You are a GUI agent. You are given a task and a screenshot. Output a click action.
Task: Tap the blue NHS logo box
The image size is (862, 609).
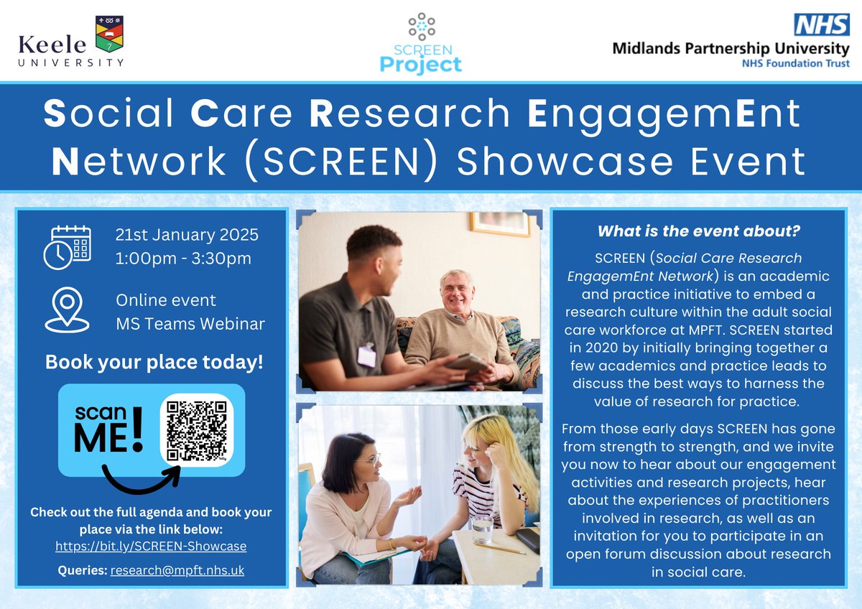[821, 25]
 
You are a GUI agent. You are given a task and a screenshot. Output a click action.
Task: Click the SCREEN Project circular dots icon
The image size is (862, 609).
[422, 26]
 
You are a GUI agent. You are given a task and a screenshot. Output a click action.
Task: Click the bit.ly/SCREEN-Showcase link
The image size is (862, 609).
[151, 546]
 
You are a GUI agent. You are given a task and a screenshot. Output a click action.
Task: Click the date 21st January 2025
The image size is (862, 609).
[187, 235]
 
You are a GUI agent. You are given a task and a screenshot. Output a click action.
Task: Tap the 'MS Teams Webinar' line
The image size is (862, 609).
[190, 324]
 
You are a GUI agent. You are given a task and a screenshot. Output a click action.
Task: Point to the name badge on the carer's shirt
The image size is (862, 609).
[366, 354]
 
